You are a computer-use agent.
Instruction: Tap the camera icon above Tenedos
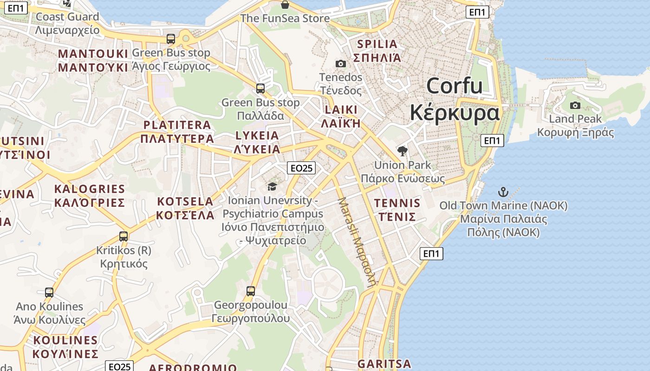pyautogui.click(x=341, y=64)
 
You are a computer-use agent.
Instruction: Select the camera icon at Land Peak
pyautogui.click(x=575, y=105)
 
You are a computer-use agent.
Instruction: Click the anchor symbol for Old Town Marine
pyautogui.click(x=503, y=192)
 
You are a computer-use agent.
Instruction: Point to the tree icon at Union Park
pyautogui.click(x=403, y=151)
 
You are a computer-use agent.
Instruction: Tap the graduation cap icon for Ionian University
pyautogui.click(x=272, y=186)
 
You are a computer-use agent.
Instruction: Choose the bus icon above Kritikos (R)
pyautogui.click(x=123, y=237)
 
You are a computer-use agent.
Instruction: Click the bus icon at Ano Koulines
pyautogui.click(x=49, y=293)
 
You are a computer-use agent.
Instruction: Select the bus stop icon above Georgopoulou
pyautogui.click(x=251, y=291)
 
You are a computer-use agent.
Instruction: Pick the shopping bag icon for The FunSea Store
pyautogui.click(x=285, y=5)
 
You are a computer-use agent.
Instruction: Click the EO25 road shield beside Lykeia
pyautogui.click(x=301, y=168)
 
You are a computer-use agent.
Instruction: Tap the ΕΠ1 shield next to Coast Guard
pyautogui.click(x=16, y=8)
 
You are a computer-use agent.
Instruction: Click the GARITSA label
pyautogui.click(x=384, y=364)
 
